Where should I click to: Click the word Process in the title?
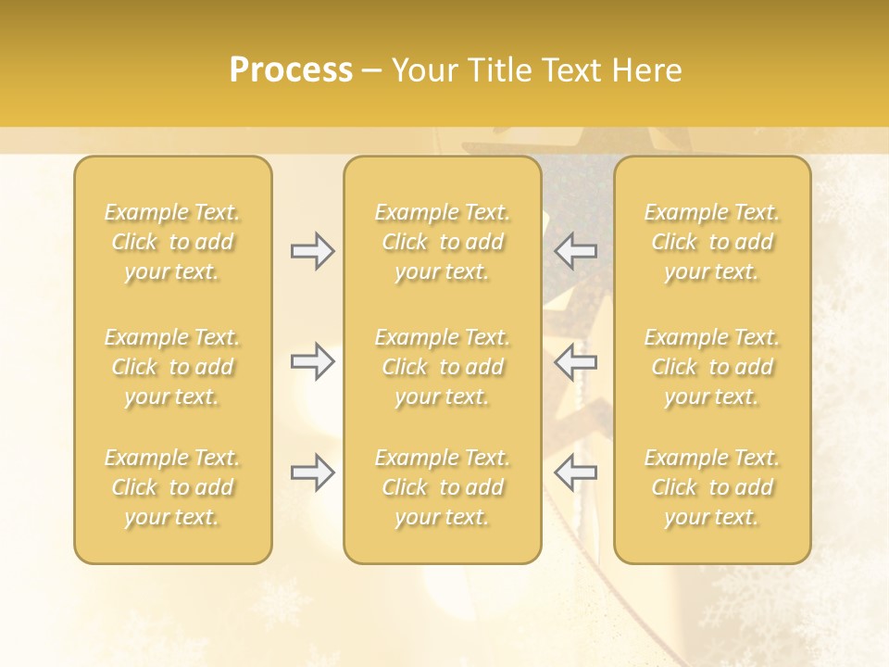pos(291,70)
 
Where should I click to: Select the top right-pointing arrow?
pos(313,251)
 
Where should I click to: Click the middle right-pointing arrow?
pos(313,361)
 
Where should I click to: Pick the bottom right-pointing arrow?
pos(313,472)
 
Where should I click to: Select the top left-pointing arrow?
pos(575,251)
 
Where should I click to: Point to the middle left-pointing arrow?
pos(575,361)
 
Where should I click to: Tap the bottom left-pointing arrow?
pos(575,472)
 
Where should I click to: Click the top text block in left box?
pos(172,242)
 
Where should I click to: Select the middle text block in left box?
pos(172,367)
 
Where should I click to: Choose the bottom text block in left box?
pos(172,487)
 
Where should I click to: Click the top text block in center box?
pos(443,242)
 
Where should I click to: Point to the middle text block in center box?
pos(443,367)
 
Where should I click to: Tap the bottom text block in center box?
pos(443,487)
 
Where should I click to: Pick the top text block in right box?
pos(712,242)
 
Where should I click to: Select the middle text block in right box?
pos(712,367)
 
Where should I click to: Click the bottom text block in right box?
pos(712,487)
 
